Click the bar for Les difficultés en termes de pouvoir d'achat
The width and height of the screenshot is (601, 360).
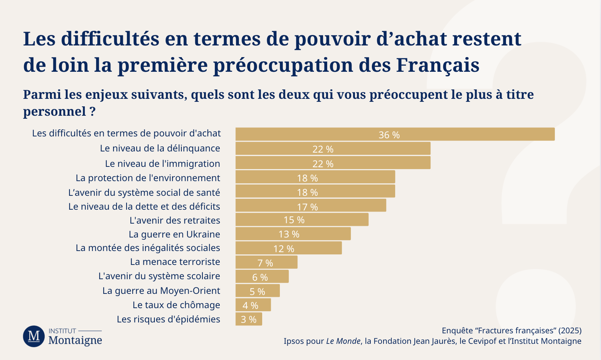(x=395, y=134)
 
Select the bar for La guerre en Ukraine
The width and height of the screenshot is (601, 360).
(x=293, y=234)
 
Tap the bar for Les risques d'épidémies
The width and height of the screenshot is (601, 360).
(x=249, y=319)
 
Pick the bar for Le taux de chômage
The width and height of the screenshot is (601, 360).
(x=253, y=305)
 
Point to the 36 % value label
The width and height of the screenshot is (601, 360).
(x=389, y=135)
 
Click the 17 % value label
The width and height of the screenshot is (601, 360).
(x=307, y=207)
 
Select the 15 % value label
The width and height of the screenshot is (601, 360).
(x=294, y=220)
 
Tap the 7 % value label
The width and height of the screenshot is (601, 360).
(x=265, y=263)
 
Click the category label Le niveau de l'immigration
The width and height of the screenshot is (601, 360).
(x=163, y=163)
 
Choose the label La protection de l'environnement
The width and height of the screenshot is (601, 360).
(x=148, y=178)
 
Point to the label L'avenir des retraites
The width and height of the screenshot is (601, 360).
(x=175, y=220)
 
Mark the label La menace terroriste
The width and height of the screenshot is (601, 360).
(x=175, y=262)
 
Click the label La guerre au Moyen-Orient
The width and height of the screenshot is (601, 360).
(x=161, y=290)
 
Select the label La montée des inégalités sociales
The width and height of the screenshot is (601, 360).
(x=148, y=248)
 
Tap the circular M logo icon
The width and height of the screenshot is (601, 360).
(x=34, y=336)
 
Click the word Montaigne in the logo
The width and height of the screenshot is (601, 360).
(x=76, y=340)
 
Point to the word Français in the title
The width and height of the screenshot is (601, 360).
(x=438, y=65)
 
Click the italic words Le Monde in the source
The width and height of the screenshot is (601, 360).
(x=343, y=341)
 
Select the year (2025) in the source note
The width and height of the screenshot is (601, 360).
(x=570, y=331)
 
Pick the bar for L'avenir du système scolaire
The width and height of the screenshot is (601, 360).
(x=262, y=276)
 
